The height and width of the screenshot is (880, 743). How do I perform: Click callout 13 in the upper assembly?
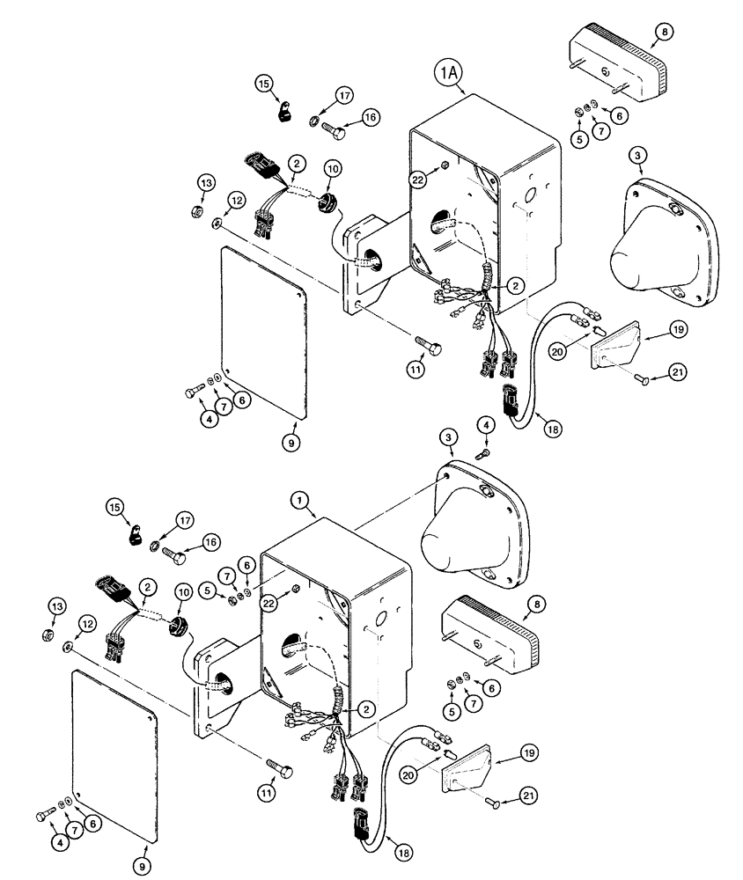[x=205, y=182]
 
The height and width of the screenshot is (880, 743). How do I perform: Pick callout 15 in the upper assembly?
[x=264, y=84]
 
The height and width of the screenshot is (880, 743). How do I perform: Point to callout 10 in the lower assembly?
[x=184, y=593]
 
